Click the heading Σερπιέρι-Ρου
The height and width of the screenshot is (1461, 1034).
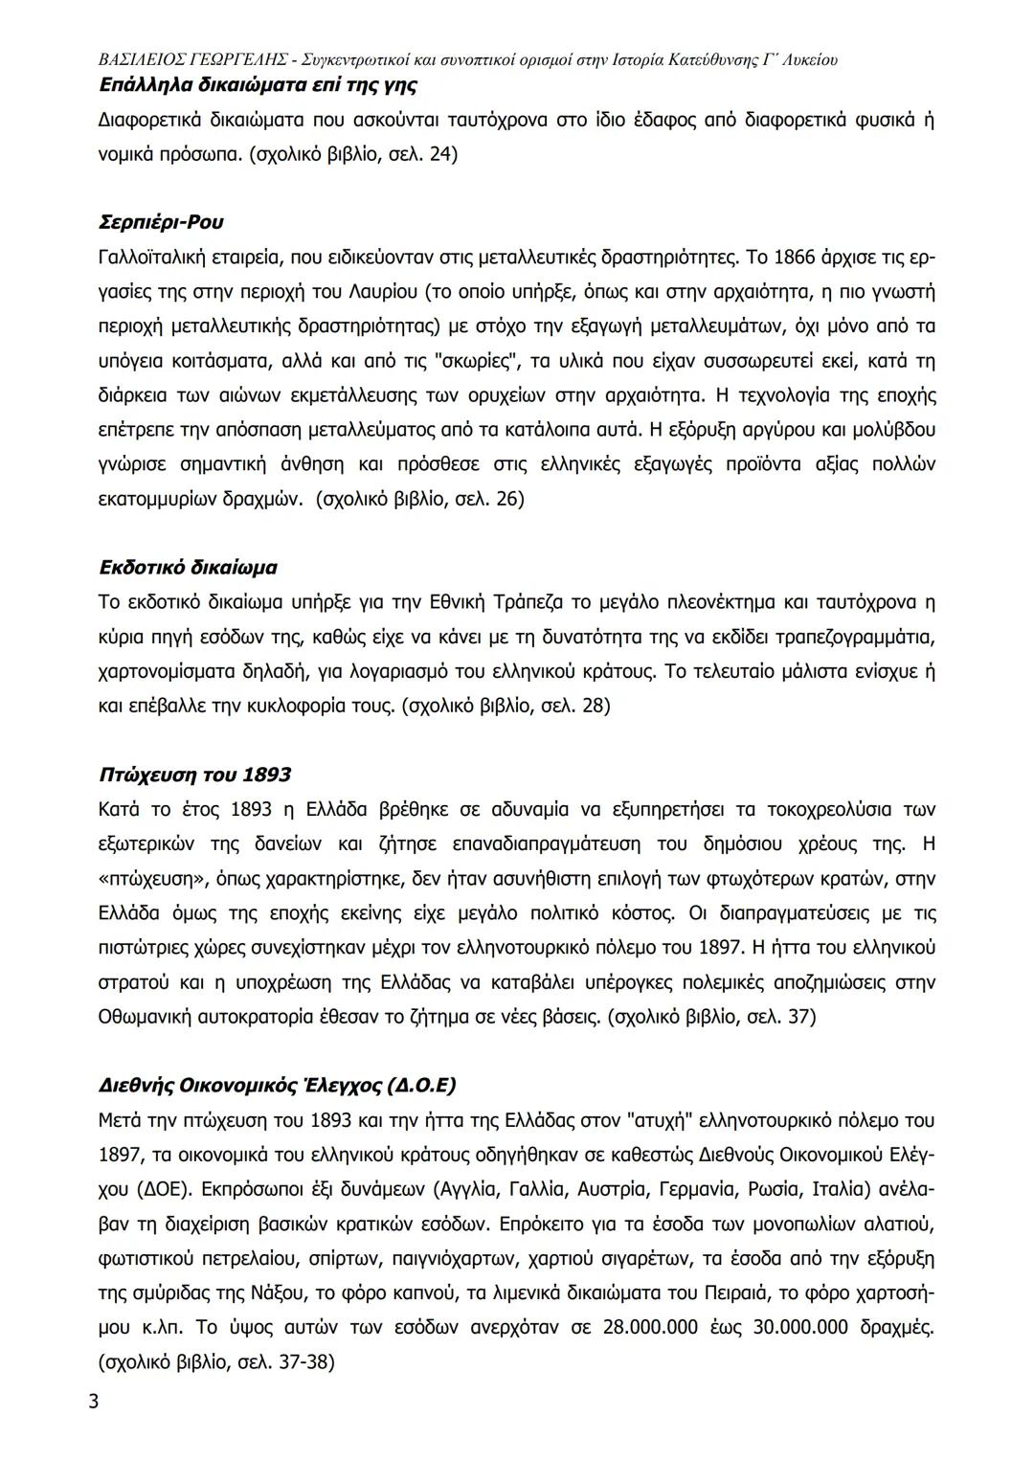tap(161, 222)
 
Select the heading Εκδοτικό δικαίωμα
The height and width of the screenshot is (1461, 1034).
tap(188, 567)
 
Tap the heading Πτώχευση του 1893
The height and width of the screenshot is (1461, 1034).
tap(195, 774)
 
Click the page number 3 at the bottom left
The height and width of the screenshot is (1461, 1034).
tap(93, 1403)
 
